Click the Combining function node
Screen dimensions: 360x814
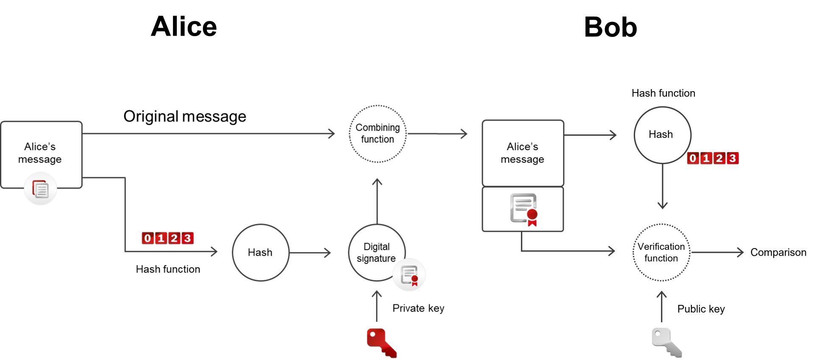tap(377, 134)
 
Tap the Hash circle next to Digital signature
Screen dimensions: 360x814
tap(260, 252)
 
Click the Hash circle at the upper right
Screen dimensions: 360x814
tap(662, 135)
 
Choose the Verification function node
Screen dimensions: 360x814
tap(661, 252)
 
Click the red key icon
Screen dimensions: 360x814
tap(381, 342)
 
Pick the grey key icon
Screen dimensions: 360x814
tap(666, 341)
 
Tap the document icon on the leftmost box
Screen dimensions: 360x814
tap(40, 189)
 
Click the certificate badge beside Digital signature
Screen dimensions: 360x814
tap(409, 275)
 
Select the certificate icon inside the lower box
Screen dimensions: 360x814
tap(524, 209)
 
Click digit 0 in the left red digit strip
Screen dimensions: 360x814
tap(147, 238)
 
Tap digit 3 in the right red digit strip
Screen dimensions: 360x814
tap(732, 158)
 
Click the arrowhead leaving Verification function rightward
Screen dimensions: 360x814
tap(740, 252)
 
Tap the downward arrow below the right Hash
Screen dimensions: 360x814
tap(662, 187)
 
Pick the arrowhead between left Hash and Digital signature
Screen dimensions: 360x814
tap(327, 253)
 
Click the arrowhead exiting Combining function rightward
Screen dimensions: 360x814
tap(464, 134)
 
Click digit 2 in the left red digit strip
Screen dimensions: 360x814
tap(174, 238)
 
